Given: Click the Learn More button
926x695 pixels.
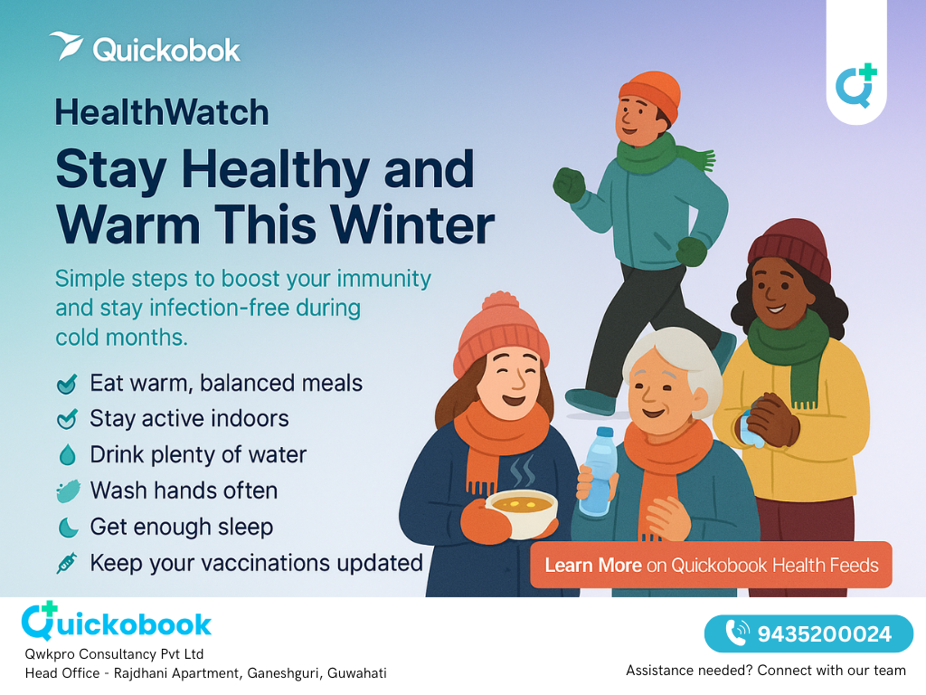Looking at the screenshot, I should click(x=711, y=566).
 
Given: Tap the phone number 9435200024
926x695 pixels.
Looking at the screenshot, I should click(x=824, y=634).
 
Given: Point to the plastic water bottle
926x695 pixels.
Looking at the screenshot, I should click(x=597, y=471).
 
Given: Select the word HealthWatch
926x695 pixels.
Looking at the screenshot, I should click(x=162, y=113).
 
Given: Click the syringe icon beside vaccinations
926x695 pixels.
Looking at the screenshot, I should click(x=67, y=564).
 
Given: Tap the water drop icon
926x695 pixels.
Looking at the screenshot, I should click(x=67, y=455).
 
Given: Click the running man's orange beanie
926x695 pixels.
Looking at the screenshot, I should click(x=649, y=95).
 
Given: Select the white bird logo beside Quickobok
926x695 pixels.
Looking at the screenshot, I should click(x=66, y=46).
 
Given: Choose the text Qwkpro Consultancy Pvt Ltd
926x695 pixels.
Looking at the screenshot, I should click(x=114, y=654).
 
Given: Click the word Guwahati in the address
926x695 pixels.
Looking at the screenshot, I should click(x=356, y=673).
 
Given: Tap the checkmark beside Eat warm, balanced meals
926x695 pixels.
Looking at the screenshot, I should click(x=67, y=384).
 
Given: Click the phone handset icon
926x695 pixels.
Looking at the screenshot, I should click(x=738, y=633).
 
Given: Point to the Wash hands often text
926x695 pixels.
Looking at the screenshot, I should click(x=184, y=491).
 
